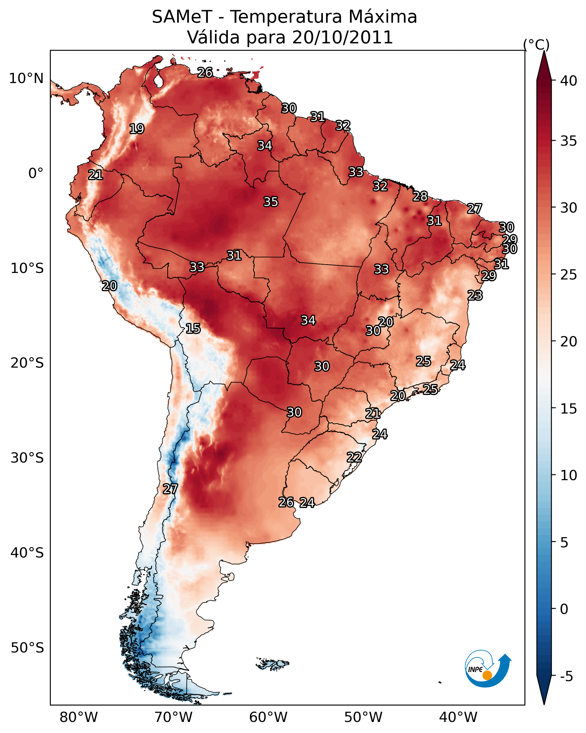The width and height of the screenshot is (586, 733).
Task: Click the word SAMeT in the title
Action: [182, 17]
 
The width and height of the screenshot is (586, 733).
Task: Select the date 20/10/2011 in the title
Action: [342, 37]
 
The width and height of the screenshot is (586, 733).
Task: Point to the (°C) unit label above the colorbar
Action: [536, 45]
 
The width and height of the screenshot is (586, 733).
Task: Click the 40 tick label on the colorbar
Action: [569, 81]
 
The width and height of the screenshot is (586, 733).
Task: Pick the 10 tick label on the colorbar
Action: [569, 475]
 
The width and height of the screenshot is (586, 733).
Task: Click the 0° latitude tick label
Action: [36, 173]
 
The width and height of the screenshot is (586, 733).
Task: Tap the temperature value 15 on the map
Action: [193, 329]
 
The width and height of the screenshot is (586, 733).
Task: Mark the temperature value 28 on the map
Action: [420, 196]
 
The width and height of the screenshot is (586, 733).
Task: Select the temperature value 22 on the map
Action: [354, 457]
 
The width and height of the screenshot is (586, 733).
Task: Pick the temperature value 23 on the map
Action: [475, 295]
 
